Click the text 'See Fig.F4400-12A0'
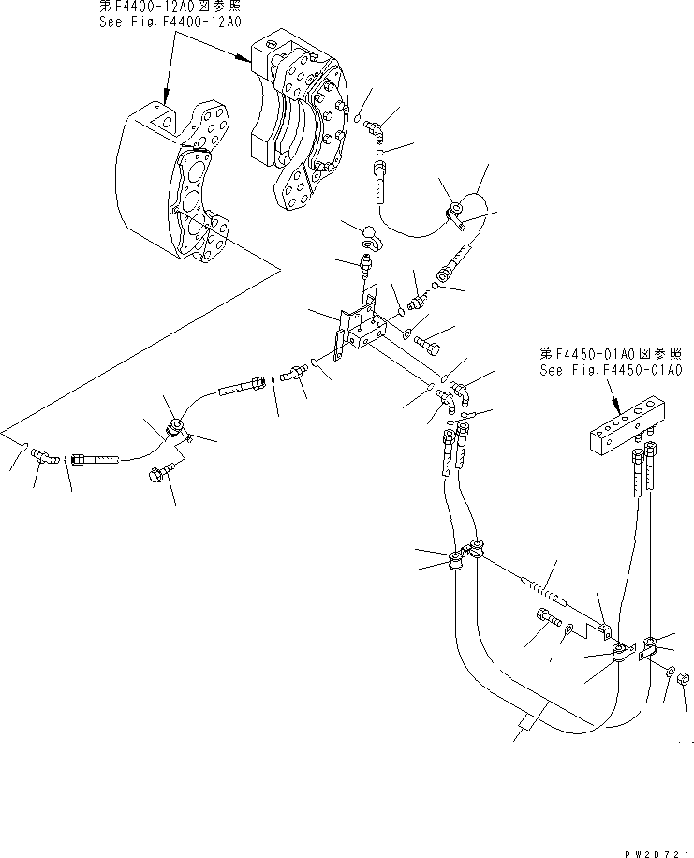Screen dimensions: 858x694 pyautogui.click(x=170, y=21)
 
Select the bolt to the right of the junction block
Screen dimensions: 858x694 pyautogui.click(x=430, y=343)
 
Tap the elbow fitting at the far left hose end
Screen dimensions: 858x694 pyautogui.click(x=44, y=456)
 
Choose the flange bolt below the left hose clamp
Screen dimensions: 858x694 pyautogui.click(x=157, y=475)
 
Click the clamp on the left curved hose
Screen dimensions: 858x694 pyautogui.click(x=175, y=429)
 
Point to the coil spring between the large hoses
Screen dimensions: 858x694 pyautogui.click(x=544, y=592)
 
